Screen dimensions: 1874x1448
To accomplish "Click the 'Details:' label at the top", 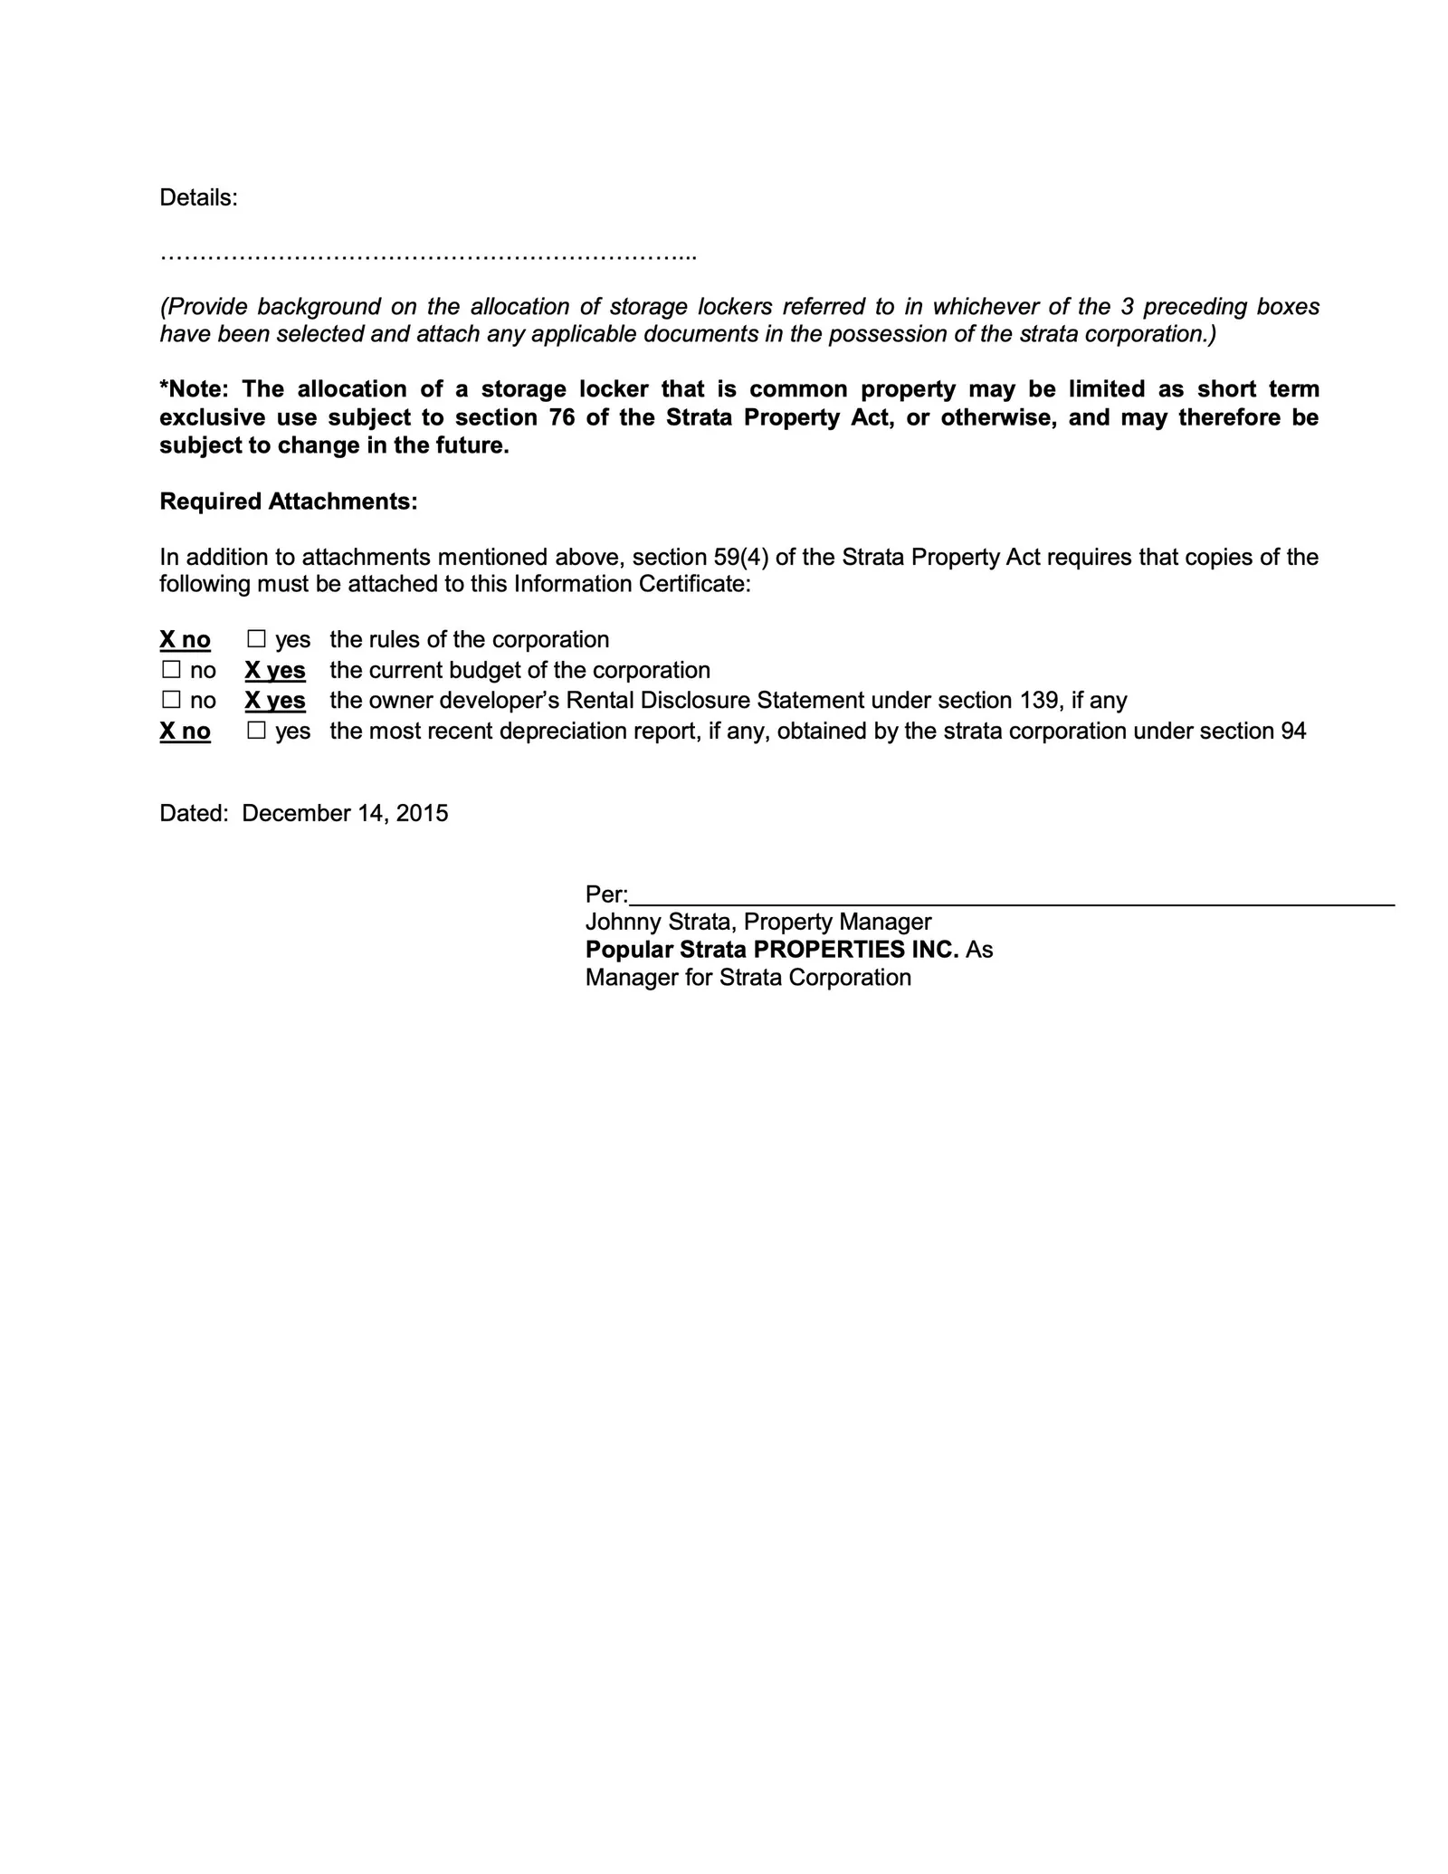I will click(198, 197).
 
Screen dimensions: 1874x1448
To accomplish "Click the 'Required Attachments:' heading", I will click(289, 502).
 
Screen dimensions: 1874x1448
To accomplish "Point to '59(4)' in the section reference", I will click(747, 557).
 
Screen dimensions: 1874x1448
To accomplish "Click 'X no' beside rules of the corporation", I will click(185, 640).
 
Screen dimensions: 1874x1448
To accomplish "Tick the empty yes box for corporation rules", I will click(257, 640).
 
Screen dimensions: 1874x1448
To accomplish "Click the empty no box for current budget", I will click(171, 671).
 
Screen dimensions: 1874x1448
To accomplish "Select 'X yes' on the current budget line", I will click(275, 671).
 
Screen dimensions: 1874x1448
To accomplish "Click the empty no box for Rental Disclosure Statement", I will click(171, 701).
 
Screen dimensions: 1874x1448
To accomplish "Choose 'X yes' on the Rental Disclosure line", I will click(275, 701).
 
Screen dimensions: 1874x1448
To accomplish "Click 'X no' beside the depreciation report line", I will click(185, 731).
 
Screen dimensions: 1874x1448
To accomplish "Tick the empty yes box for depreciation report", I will click(257, 731).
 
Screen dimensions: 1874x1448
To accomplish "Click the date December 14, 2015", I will click(345, 813).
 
